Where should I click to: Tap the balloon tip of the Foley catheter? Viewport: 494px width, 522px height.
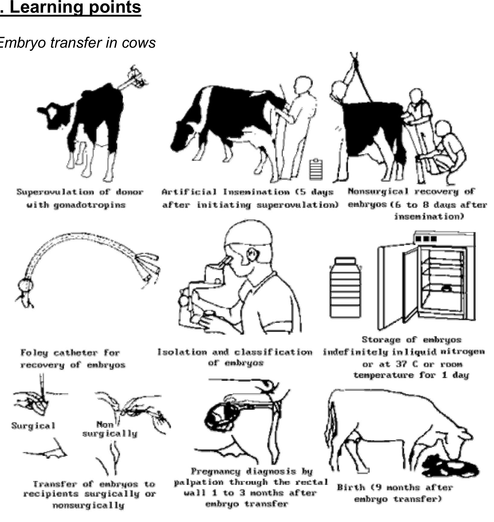[25, 285]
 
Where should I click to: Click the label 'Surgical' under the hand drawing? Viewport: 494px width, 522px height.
[33, 426]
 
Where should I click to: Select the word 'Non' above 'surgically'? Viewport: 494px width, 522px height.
[105, 425]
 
